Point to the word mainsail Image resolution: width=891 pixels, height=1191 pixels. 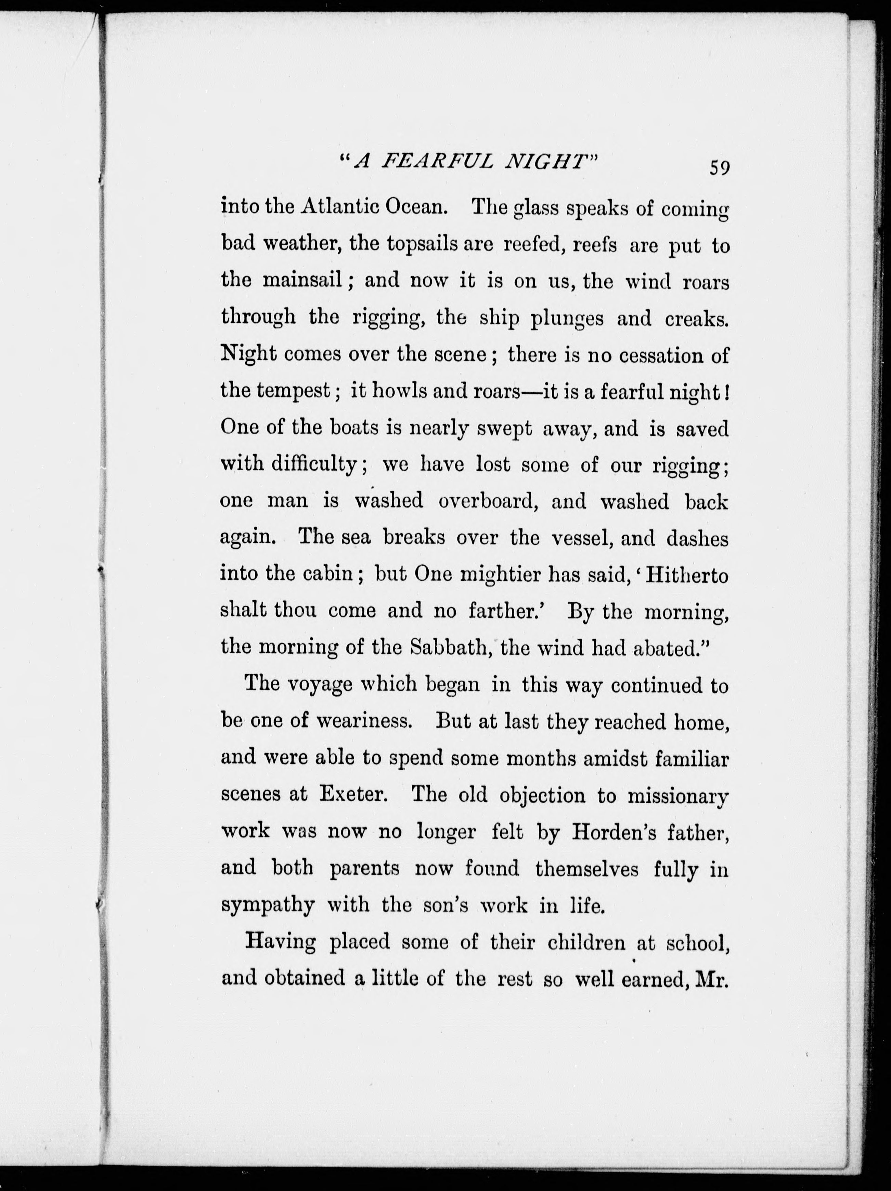304,281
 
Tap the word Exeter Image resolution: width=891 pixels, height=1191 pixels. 353,794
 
